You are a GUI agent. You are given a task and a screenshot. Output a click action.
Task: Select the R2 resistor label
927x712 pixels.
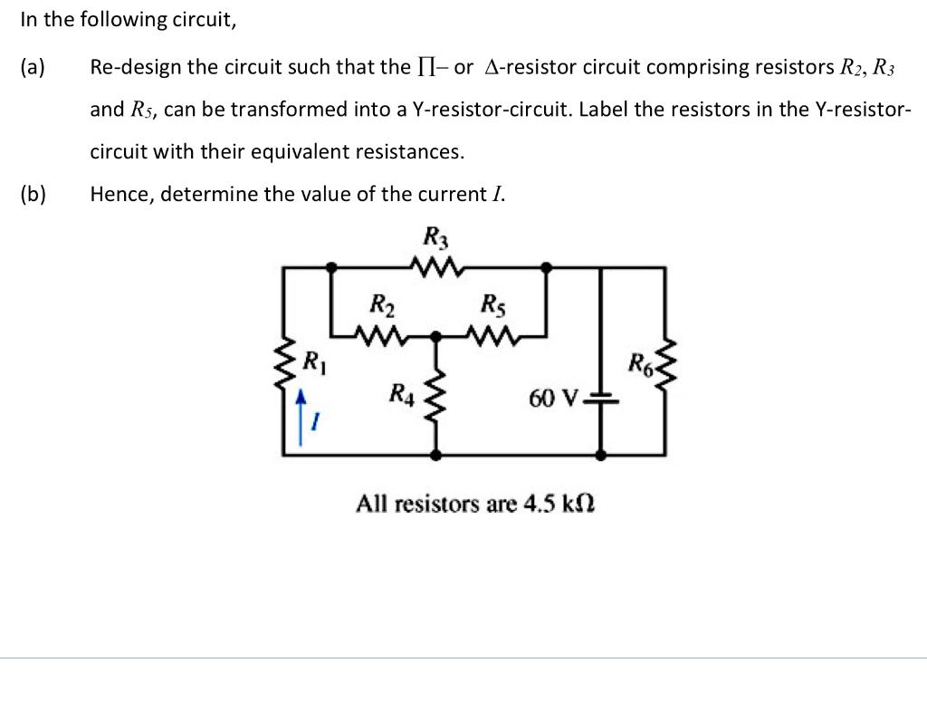pos(381,303)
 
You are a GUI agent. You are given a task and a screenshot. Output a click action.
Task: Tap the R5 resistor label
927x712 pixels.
pos(494,303)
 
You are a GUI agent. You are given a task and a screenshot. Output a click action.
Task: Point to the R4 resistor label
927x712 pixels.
pos(400,393)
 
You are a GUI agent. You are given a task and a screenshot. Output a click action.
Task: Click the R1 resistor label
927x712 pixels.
pos(312,364)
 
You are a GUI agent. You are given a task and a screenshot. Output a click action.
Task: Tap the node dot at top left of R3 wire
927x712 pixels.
pos(332,267)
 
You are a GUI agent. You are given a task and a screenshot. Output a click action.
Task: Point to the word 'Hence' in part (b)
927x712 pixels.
pos(119,194)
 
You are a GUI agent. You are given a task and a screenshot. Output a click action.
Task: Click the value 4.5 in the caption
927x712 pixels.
pos(540,502)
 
